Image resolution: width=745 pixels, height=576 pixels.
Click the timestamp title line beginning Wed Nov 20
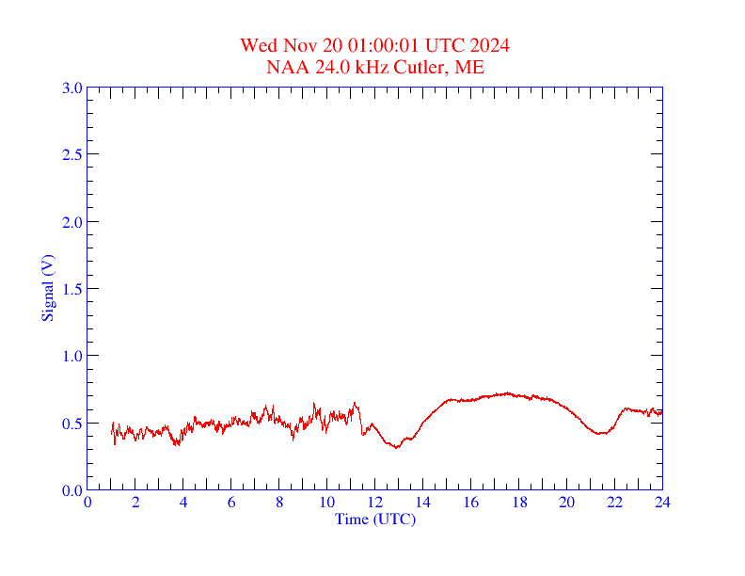pyautogui.click(x=374, y=46)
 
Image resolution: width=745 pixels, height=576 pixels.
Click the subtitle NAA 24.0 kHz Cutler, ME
pyautogui.click(x=374, y=67)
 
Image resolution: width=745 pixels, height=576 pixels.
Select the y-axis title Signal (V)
pyautogui.click(x=47, y=287)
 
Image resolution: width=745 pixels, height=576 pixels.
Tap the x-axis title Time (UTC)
pyautogui.click(x=374, y=519)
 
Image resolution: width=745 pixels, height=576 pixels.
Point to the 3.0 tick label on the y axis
pyautogui.click(x=71, y=88)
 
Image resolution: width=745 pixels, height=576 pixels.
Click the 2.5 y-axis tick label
pyautogui.click(x=71, y=154)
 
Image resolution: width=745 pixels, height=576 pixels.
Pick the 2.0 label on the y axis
pyautogui.click(x=71, y=222)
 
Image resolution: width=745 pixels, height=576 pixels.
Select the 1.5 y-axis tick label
pyautogui.click(x=71, y=289)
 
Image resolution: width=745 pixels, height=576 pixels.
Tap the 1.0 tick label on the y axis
pyautogui.click(x=71, y=356)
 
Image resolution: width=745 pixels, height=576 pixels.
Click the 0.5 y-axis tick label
pyautogui.click(x=71, y=424)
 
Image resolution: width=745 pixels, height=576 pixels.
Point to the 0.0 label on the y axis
pyautogui.click(x=71, y=490)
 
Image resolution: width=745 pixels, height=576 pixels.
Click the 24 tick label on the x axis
pyautogui.click(x=662, y=503)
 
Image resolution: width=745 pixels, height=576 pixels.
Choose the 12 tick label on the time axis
pyautogui.click(x=374, y=503)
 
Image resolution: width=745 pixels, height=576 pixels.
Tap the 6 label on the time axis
pyautogui.click(x=231, y=503)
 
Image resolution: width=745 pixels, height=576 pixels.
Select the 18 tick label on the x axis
pyautogui.click(x=518, y=503)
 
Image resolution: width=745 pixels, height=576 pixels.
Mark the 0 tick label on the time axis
pyautogui.click(x=87, y=503)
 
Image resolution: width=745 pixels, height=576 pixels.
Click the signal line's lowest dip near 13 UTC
pyautogui.click(x=397, y=447)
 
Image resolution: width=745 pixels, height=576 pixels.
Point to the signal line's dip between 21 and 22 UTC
pyautogui.click(x=600, y=433)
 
